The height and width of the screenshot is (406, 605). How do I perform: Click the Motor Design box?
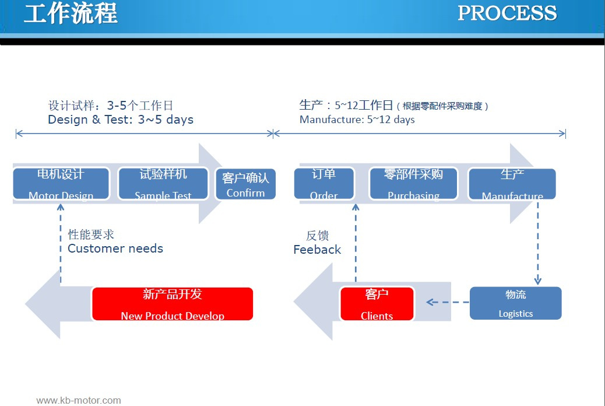click(61, 184)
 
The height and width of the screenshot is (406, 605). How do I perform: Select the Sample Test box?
click(163, 184)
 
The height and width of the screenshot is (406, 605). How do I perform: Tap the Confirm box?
click(246, 184)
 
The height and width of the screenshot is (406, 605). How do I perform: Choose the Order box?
click(324, 184)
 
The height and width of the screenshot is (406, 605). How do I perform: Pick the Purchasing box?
click(413, 184)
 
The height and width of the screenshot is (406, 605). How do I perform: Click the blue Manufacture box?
click(512, 184)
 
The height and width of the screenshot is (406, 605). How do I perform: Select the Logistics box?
click(515, 303)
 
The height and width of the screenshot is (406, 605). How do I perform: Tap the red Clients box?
click(377, 304)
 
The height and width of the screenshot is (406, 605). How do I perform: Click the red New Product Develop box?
click(173, 304)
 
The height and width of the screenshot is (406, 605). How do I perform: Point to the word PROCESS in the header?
click(508, 13)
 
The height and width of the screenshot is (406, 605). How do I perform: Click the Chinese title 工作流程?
click(71, 13)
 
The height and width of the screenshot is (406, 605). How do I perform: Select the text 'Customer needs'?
click(115, 249)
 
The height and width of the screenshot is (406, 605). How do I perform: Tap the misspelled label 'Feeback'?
click(317, 250)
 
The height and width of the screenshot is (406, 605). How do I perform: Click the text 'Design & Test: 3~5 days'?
click(121, 120)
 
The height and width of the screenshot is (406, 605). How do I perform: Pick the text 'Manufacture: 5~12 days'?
click(357, 120)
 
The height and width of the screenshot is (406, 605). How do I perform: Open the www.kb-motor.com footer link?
click(79, 400)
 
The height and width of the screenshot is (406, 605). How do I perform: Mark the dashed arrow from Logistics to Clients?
click(448, 302)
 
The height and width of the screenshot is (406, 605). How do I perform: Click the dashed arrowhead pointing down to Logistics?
click(538, 281)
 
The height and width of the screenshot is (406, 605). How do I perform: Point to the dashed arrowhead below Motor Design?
click(61, 208)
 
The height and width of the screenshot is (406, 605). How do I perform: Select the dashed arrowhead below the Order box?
click(356, 208)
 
